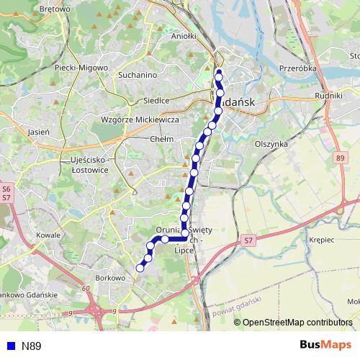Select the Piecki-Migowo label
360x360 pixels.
tap(81, 68)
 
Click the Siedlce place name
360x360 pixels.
tap(156, 101)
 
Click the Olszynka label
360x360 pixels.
tap(271, 144)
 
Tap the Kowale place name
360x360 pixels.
tap(48, 235)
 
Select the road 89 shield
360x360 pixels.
tap(340, 157)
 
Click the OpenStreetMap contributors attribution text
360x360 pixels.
tap(297, 322)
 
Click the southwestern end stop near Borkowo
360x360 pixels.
tap(140, 268)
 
